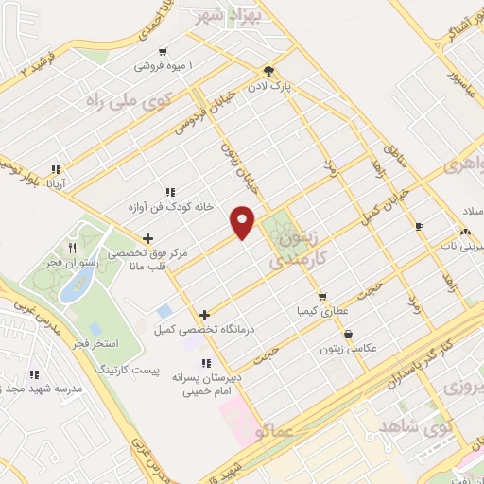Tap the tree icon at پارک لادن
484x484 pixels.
[269, 70]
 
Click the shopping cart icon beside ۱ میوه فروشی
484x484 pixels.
[164, 52]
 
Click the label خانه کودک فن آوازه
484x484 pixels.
[170, 206]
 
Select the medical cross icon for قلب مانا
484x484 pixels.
[147, 239]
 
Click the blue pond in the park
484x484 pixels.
[71, 288]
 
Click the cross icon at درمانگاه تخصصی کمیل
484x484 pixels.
[204, 315]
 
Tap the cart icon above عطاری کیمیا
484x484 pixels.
[321, 296]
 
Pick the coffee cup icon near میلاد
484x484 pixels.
[419, 226]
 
